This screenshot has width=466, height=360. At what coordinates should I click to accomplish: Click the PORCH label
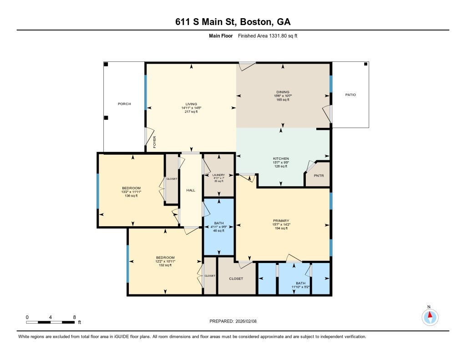(124, 104)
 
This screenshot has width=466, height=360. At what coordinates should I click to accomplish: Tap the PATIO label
(350, 95)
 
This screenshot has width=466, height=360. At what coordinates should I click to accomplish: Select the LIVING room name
(191, 104)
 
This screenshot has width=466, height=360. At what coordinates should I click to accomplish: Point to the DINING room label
(283, 92)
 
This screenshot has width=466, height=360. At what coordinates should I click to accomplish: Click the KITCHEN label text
(281, 158)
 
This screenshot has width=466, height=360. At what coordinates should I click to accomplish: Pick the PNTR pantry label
(319, 176)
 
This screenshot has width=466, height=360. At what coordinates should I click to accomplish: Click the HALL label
(191, 190)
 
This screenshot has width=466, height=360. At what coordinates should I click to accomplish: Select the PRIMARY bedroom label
(281, 221)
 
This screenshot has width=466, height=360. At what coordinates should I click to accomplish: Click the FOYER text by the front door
(155, 143)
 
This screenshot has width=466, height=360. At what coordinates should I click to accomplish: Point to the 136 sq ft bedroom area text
(131, 196)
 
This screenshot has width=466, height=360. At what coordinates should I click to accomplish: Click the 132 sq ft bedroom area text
(165, 265)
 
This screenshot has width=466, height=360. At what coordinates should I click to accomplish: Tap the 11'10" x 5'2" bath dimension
(300, 287)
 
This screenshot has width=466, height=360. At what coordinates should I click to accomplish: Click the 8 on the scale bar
(74, 317)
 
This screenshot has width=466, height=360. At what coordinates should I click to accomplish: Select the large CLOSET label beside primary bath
(236, 279)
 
